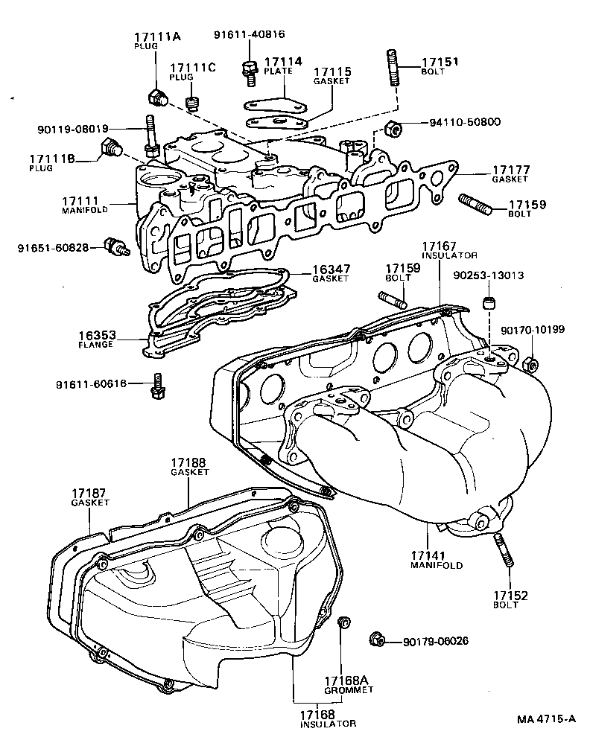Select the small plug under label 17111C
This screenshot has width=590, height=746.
pos(193,103)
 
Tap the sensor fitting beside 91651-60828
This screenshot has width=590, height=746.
pos(118,246)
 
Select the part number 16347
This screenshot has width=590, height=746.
pos(331,269)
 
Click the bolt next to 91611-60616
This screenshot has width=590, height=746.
pos(157,384)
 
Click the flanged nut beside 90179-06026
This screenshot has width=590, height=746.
pos(377,639)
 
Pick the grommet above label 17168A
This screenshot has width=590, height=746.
pos(343,622)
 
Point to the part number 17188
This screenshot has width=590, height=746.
pos(189,463)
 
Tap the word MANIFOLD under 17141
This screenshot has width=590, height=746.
pos(437,565)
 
